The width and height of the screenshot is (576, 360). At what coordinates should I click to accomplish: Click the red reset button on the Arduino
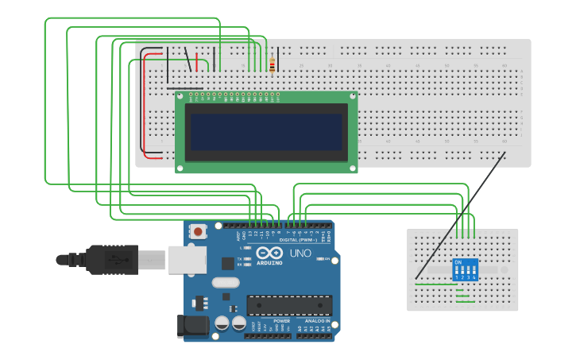pos(198,231)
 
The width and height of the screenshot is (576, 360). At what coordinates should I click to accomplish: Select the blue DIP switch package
pos(465,269)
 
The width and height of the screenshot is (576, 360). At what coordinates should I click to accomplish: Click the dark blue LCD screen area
pos(266,131)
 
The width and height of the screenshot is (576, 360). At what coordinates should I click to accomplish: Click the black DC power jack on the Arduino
pos(193,326)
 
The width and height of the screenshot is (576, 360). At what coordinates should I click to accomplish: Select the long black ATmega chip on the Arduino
pos(289,305)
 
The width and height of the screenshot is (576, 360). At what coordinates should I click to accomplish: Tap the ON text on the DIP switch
pos(458,261)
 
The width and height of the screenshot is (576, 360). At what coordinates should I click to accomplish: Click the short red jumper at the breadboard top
pos(197,61)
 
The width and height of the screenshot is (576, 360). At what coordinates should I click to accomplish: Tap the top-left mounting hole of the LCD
pos(181,96)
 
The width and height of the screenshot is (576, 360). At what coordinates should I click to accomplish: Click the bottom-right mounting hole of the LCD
pos(352,168)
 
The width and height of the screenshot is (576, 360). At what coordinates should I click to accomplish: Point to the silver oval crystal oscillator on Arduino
pos(226,282)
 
